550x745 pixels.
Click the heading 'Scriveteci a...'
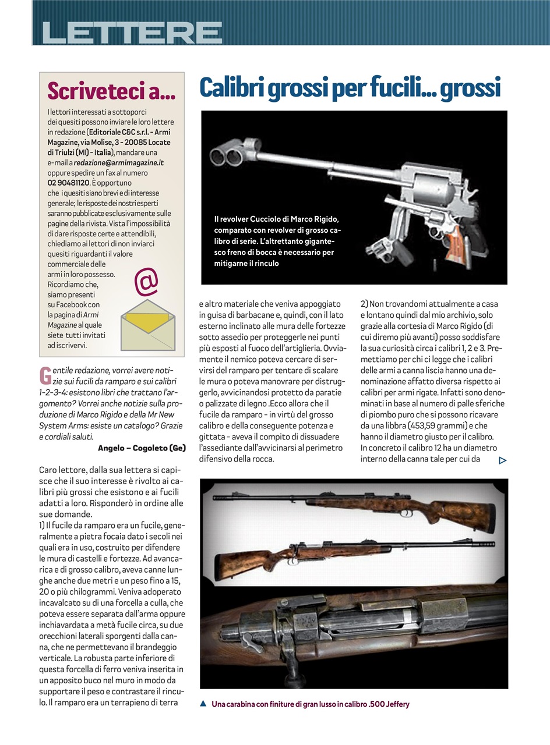tap(111, 91)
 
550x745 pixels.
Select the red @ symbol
tap(146, 282)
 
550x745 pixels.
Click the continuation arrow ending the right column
tap(503, 460)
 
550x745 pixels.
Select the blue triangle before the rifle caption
tap(203, 703)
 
